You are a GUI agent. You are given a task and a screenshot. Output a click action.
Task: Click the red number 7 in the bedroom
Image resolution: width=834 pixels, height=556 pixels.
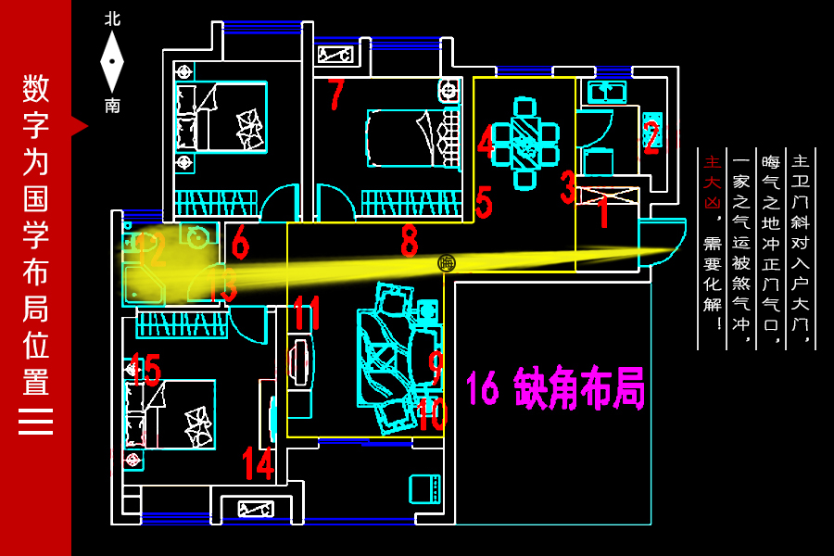tap(336, 94)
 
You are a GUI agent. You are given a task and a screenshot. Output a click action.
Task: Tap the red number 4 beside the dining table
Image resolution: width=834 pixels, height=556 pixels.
tap(486, 142)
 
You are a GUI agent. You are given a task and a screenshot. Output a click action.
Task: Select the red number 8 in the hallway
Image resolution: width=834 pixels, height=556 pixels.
tap(409, 242)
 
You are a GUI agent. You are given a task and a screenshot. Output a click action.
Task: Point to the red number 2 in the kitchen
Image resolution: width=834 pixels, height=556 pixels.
tap(651, 137)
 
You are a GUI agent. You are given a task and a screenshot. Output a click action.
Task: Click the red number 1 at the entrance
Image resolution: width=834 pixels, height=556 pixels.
tap(603, 213)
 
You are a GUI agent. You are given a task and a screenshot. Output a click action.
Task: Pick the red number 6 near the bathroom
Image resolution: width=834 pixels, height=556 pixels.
tap(240, 243)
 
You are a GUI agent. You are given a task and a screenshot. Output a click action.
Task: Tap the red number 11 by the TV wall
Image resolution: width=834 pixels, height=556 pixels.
tap(307, 313)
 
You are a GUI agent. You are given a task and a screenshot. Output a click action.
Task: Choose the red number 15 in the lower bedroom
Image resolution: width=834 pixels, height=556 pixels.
tap(145, 371)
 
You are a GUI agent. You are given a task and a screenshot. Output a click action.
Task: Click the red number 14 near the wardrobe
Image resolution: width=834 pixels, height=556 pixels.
tap(258, 462)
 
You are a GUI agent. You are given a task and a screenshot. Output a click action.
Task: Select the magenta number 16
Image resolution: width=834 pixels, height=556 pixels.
tap(482, 388)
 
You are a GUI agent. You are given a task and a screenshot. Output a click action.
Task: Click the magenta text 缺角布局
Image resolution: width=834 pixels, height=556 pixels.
tap(579, 388)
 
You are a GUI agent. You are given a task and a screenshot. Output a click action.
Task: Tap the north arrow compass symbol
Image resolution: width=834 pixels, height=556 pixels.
tap(112, 61)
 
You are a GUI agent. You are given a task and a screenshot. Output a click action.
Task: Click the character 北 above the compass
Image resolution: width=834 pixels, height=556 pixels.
tap(112, 19)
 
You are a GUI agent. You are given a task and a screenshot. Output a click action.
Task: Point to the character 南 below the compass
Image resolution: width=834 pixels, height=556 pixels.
tap(112, 106)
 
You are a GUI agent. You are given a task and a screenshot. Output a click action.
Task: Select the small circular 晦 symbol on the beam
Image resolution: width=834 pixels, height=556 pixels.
tap(447, 263)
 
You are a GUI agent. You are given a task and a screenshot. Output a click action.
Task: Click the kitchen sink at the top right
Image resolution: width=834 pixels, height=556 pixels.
tap(607, 91)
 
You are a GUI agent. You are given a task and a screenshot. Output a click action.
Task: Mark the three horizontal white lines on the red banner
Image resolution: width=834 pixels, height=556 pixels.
tap(35, 421)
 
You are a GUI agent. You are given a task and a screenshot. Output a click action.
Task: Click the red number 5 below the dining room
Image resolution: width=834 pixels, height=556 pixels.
tap(483, 203)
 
